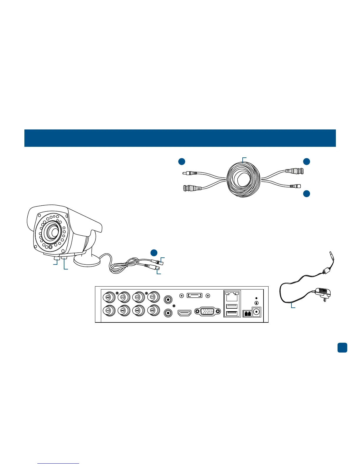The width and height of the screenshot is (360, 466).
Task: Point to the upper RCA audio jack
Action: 168,299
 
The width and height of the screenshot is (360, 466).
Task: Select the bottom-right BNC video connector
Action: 153,310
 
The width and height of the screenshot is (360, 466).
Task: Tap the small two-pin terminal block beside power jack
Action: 247,314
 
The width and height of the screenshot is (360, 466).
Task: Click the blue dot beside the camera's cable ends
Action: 154,253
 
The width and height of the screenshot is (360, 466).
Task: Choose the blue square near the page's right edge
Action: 342,347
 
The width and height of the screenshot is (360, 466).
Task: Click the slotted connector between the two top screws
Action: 194,295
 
